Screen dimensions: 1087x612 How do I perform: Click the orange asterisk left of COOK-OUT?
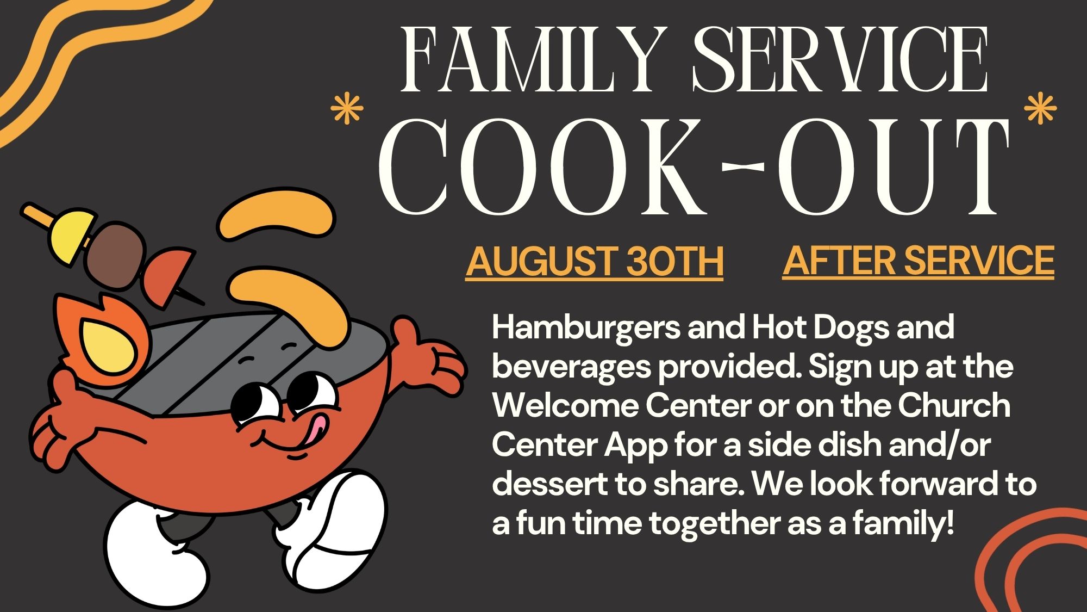coord(347,109)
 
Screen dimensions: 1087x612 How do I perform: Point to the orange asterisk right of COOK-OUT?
coord(1040,108)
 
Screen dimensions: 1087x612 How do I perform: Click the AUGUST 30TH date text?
coord(595,262)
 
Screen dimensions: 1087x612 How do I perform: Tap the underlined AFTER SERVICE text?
coord(919,261)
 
